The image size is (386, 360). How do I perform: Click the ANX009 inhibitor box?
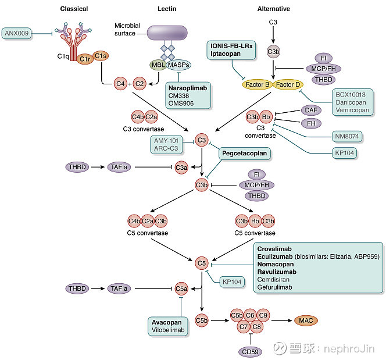(17, 33)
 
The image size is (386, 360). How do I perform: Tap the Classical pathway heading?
(74, 9)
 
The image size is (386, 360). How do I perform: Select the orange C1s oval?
(101, 56)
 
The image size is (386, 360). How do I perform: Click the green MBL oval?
(158, 65)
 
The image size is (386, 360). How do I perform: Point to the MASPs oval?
(178, 65)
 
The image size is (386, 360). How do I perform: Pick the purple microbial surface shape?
(167, 33)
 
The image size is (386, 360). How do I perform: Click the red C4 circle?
(120, 84)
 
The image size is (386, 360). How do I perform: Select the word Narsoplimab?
(188, 88)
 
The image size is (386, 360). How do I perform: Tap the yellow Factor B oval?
(258, 84)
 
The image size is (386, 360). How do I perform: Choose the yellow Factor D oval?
(288, 84)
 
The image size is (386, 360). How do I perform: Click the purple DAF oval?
(311, 110)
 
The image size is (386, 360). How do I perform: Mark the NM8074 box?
(347, 136)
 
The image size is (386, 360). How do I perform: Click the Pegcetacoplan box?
(245, 153)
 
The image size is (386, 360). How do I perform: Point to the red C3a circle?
(181, 167)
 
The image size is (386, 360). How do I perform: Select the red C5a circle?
(181, 288)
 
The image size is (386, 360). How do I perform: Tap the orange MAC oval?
(306, 320)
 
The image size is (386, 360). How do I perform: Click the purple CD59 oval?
(251, 352)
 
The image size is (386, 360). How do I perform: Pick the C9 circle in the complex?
(263, 315)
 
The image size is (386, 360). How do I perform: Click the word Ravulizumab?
(277, 272)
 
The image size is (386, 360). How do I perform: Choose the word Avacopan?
(167, 322)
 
